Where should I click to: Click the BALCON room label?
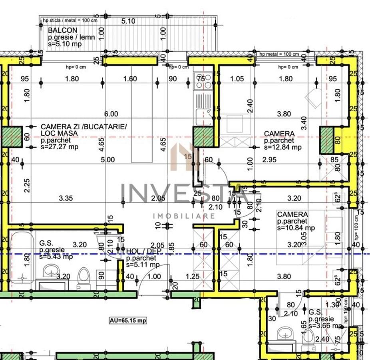(x=63, y=30)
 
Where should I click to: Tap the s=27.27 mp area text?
(x=60, y=147)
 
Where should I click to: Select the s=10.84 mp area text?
(x=296, y=228)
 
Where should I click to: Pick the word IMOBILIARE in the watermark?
(x=184, y=216)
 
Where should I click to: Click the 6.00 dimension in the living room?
(x=111, y=114)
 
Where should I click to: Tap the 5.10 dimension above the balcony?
(x=128, y=21)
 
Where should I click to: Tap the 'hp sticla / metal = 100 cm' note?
(x=70, y=20)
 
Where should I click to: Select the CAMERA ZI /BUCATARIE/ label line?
(x=84, y=126)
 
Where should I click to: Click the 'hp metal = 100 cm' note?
(x=279, y=54)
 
